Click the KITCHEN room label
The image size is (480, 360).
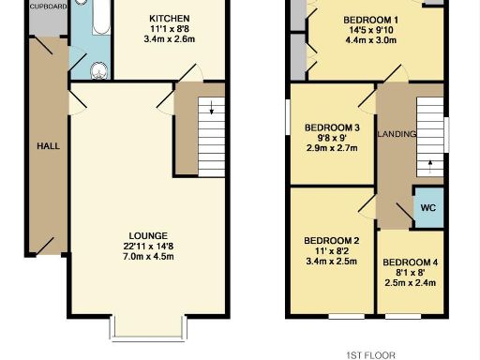click(x=169, y=19)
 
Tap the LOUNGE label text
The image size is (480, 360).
click(x=148, y=235)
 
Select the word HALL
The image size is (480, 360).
click(x=48, y=147)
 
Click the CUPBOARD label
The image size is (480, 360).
click(x=21, y=6)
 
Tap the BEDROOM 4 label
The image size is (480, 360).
click(x=410, y=262)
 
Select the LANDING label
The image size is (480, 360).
click(x=397, y=135)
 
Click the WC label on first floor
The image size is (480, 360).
click(x=427, y=207)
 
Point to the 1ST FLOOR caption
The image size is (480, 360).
click(x=371, y=354)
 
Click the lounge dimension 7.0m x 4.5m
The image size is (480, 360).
click(x=148, y=256)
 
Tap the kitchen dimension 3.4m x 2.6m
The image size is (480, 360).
click(x=169, y=39)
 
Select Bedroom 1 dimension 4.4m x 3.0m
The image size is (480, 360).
click(x=344, y=41)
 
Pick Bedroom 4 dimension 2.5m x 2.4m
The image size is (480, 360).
click(x=410, y=282)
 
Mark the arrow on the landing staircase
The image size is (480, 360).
click(x=430, y=165)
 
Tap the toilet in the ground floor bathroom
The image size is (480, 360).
click(x=97, y=68)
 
